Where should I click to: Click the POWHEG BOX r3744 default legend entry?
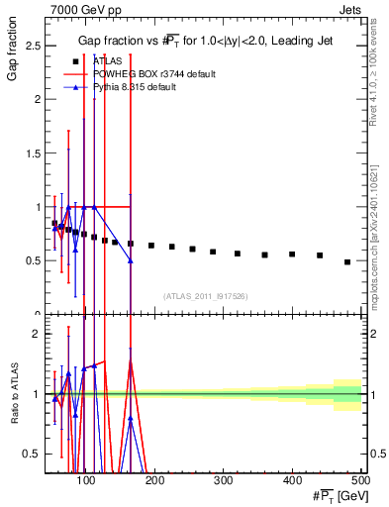point(148,74)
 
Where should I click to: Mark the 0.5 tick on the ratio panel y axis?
point(35,454)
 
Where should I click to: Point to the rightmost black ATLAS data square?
point(346,261)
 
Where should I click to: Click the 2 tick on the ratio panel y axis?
point(39,334)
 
